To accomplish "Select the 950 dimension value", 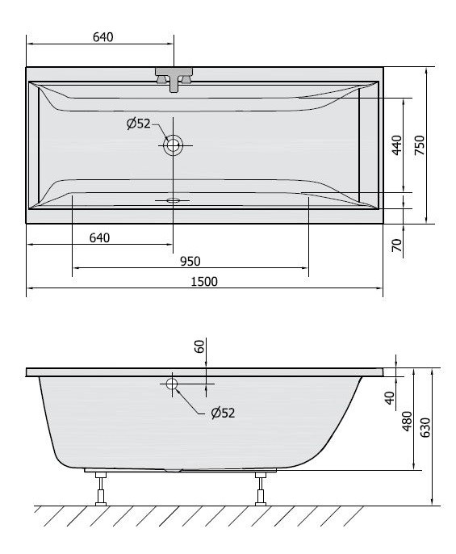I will tap(190, 260).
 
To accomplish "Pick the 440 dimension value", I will tap(396, 145).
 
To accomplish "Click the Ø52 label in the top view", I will tap(138, 124).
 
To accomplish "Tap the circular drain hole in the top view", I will tap(173, 145).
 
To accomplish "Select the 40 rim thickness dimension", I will tap(390, 397).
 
